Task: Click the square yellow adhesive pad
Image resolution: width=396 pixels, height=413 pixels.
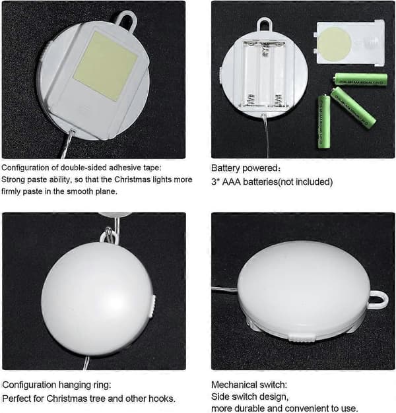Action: (106, 65)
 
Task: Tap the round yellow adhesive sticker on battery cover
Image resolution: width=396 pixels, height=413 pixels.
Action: (334, 44)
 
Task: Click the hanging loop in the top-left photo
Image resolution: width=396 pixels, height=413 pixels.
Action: (127, 20)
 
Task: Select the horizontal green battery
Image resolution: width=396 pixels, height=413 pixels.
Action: (360, 80)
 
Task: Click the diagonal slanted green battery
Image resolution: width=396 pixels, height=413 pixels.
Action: (353, 108)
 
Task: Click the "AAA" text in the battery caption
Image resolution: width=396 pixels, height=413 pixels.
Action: (231, 182)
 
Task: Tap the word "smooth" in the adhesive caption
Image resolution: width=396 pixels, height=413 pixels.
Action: (80, 191)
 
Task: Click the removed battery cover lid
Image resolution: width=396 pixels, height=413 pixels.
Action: (349, 43)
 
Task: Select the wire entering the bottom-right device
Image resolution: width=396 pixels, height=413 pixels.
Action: (225, 290)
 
